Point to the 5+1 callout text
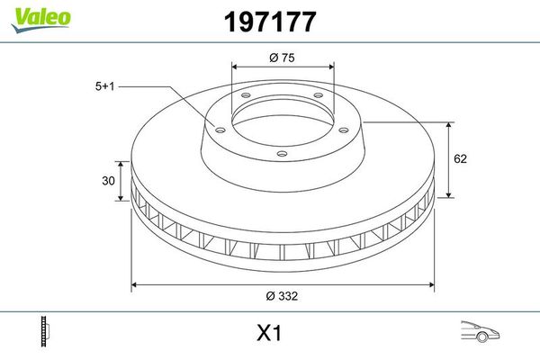106,86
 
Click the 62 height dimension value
461,158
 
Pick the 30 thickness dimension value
108,181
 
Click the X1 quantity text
269,334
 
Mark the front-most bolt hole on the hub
283,154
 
